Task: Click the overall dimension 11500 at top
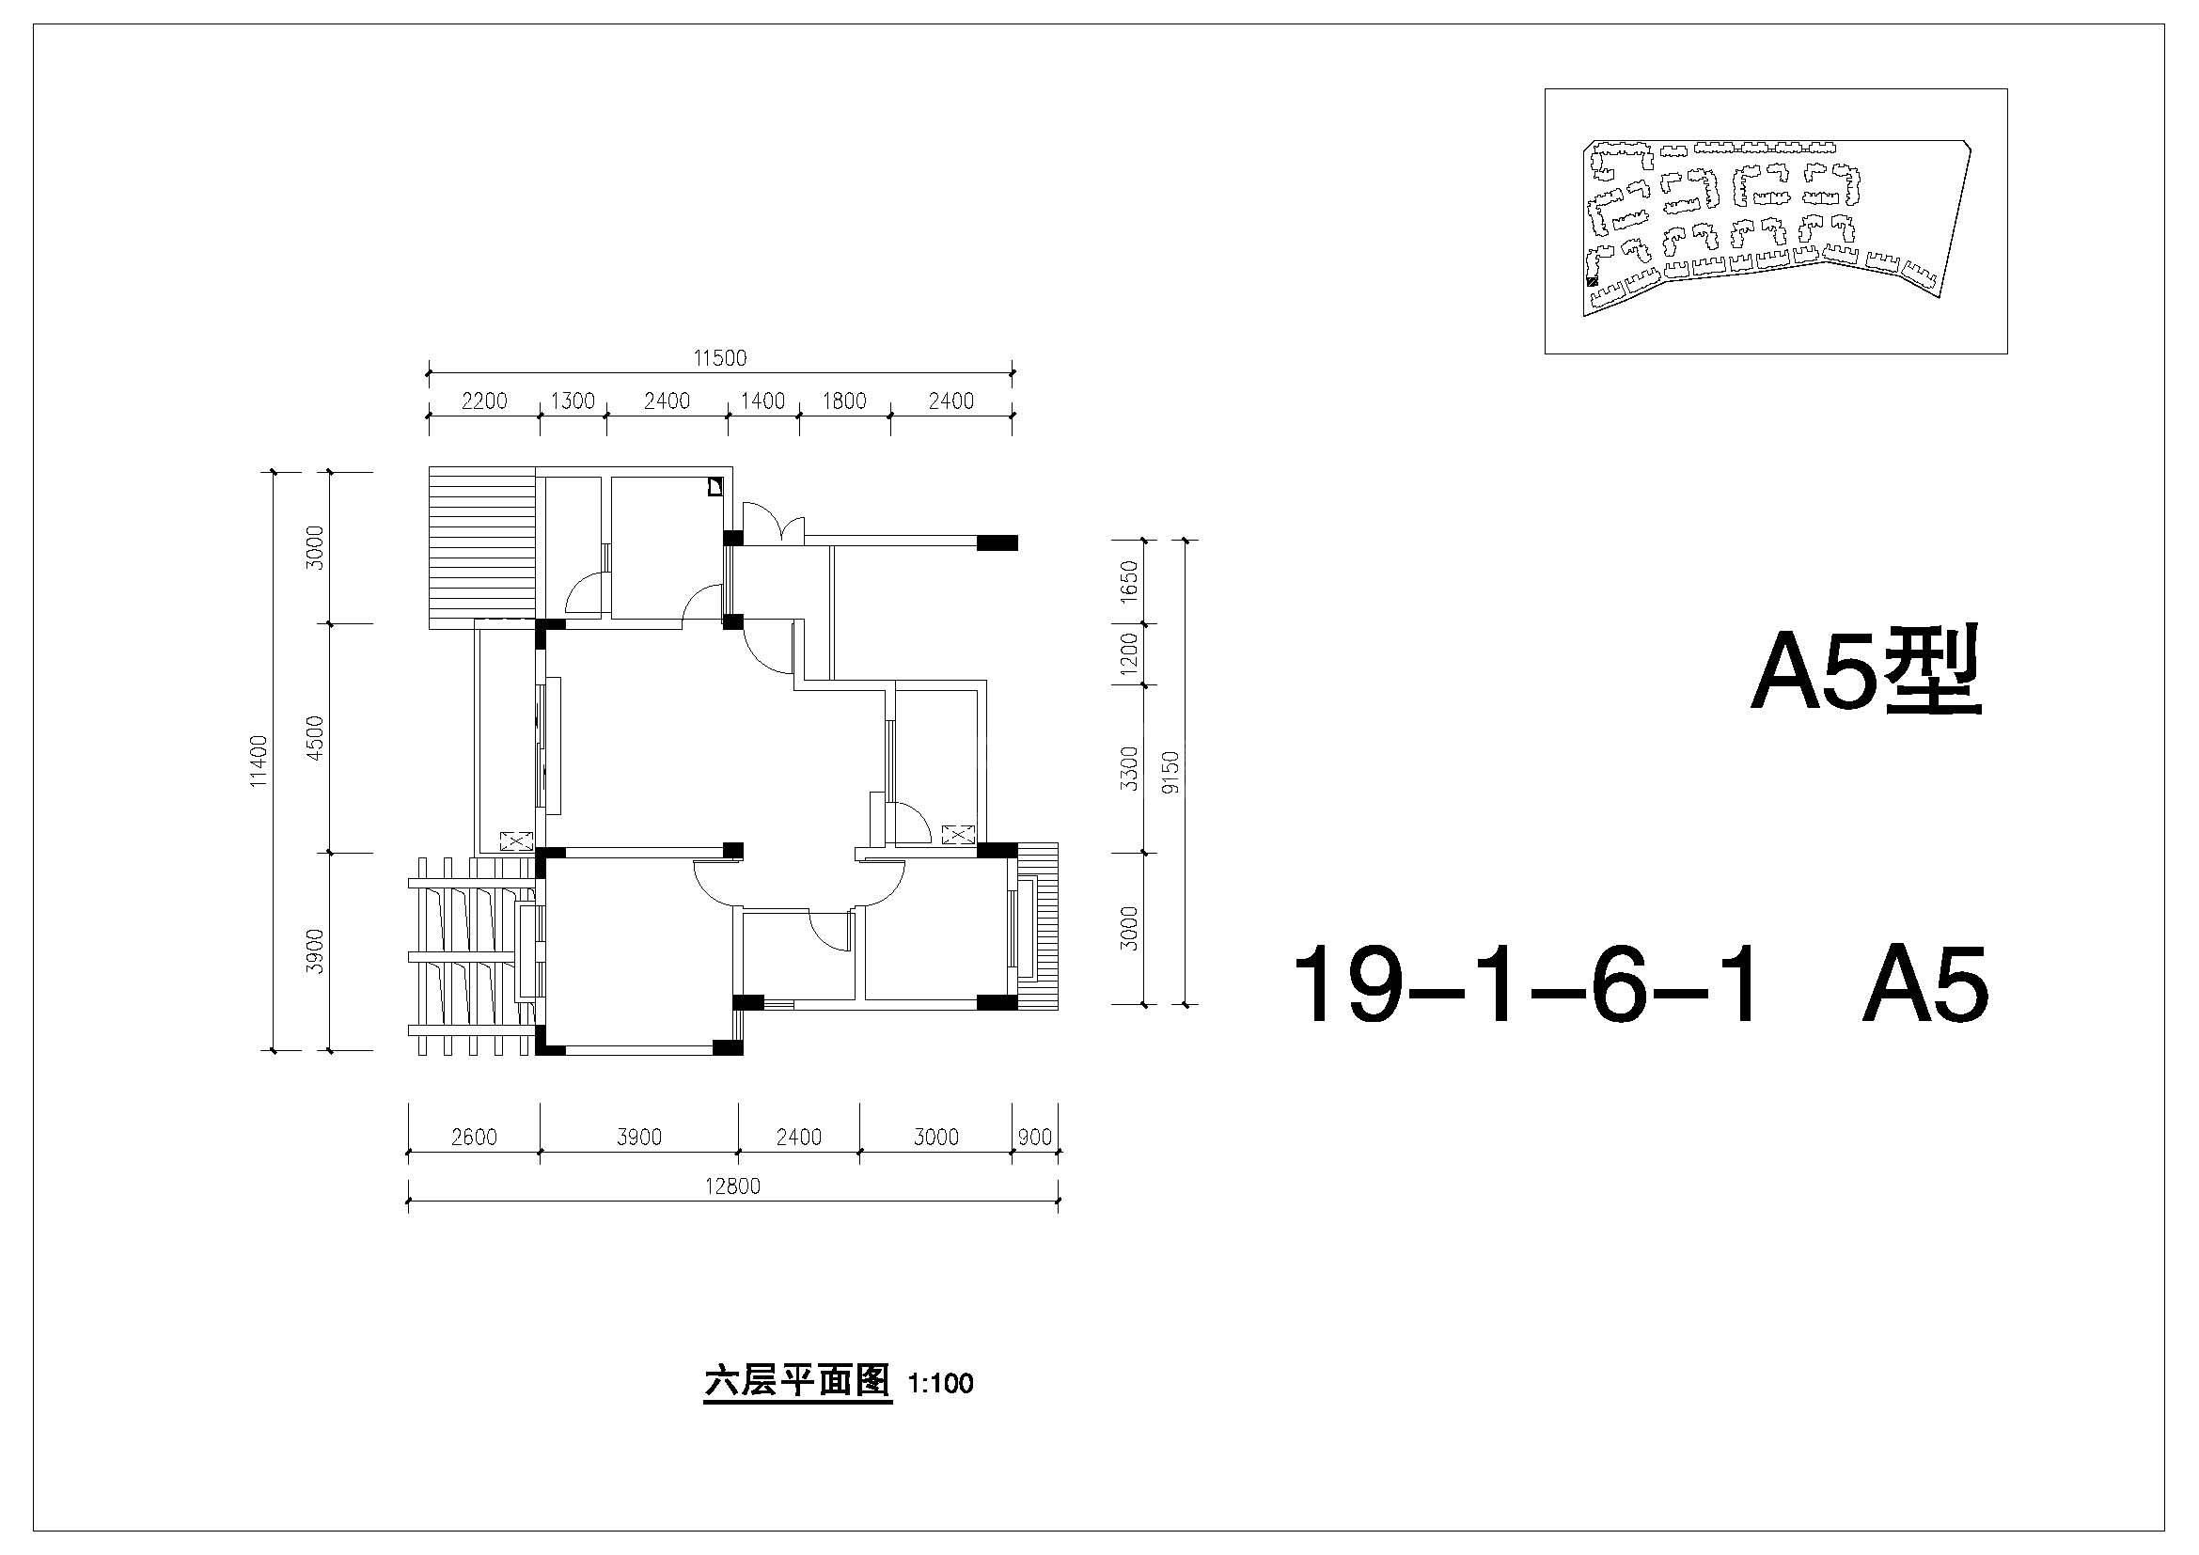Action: click(x=720, y=358)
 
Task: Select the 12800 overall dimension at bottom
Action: click(x=732, y=1186)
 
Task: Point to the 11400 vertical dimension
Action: click(x=259, y=762)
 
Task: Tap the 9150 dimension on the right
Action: click(x=1170, y=773)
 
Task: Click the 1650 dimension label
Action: click(x=1129, y=580)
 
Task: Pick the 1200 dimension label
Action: click(x=1129, y=653)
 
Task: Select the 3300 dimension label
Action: click(x=1129, y=768)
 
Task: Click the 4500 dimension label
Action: click(x=315, y=737)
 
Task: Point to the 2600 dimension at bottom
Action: click(x=474, y=1137)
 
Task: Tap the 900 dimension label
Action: click(x=1035, y=1137)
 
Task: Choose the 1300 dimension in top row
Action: click(x=573, y=401)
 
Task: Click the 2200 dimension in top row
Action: click(x=484, y=401)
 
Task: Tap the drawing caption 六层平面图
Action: click(x=797, y=1382)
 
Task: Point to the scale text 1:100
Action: click(x=940, y=1384)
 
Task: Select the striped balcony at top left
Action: click(x=481, y=548)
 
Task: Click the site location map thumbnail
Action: click(x=1776, y=221)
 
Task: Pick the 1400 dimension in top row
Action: click(x=762, y=401)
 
